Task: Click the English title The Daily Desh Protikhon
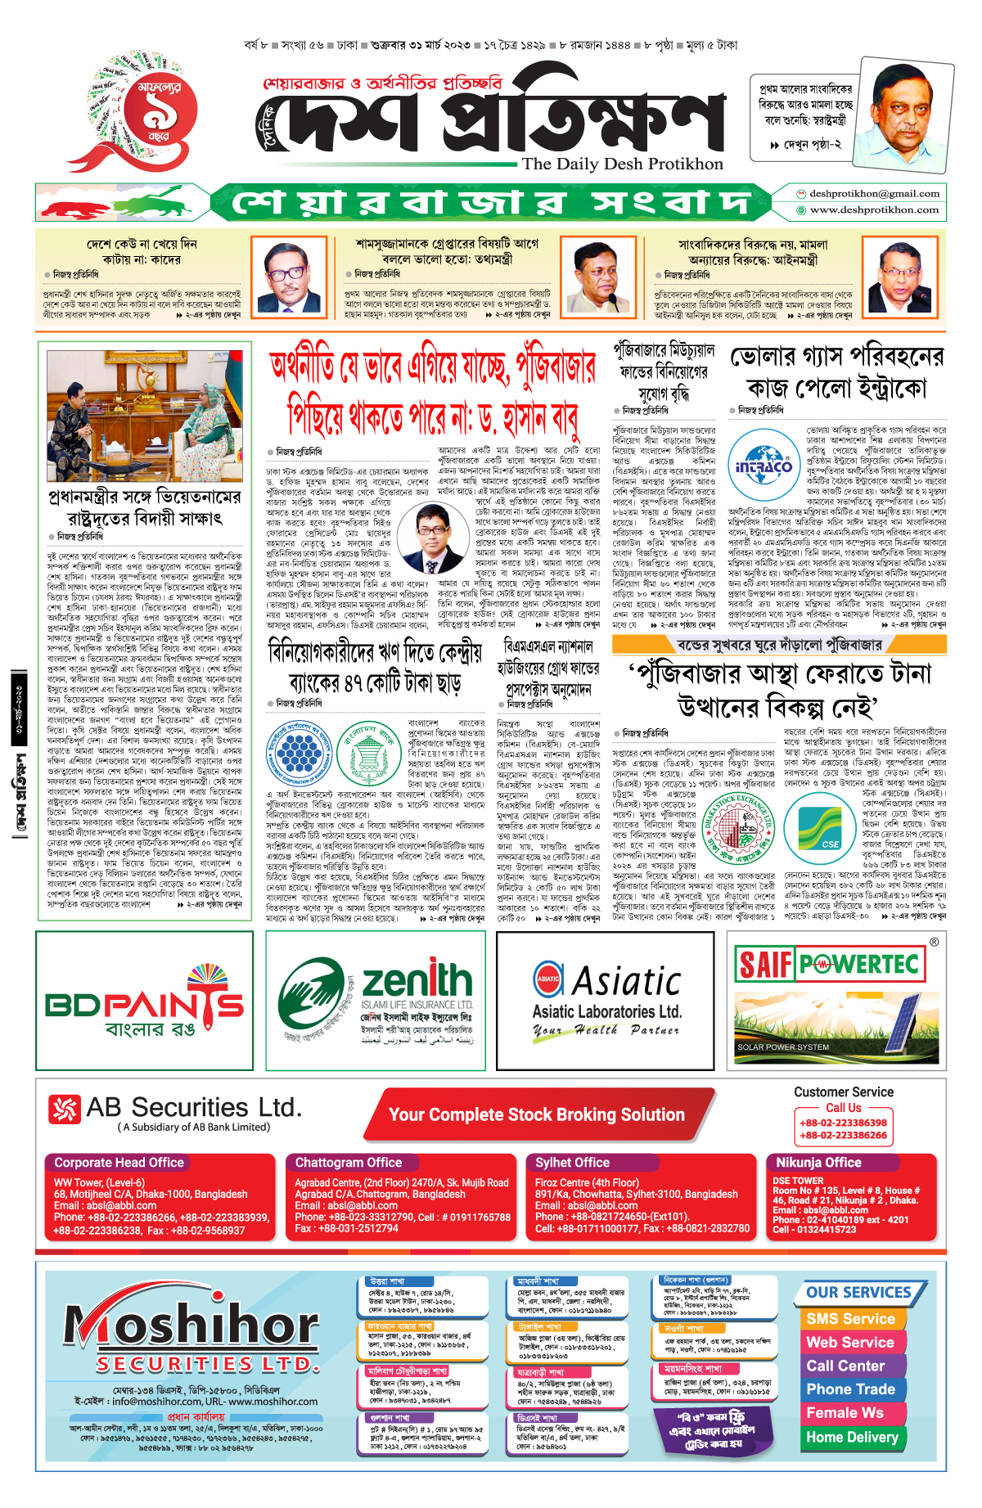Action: tap(623, 164)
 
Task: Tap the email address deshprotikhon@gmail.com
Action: tap(874, 194)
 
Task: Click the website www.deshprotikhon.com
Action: tap(874, 210)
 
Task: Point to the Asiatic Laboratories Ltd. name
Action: tap(606, 1012)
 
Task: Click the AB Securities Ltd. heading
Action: tap(175, 1109)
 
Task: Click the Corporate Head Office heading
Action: tap(119, 1163)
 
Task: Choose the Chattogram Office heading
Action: tap(349, 1163)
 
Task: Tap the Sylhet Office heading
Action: tap(573, 1163)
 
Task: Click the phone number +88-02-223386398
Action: tap(843, 1123)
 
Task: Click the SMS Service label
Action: tap(850, 1319)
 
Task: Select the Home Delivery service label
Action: tap(852, 1437)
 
